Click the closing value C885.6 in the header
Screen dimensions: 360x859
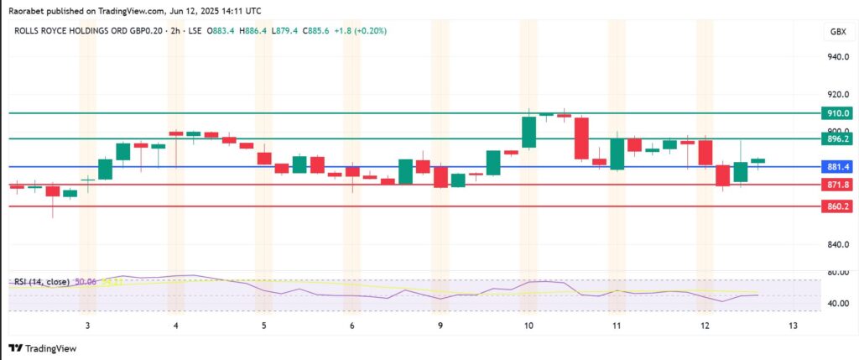click(314, 30)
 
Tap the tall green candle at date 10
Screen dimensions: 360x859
click(528, 132)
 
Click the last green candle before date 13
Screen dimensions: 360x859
click(757, 160)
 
